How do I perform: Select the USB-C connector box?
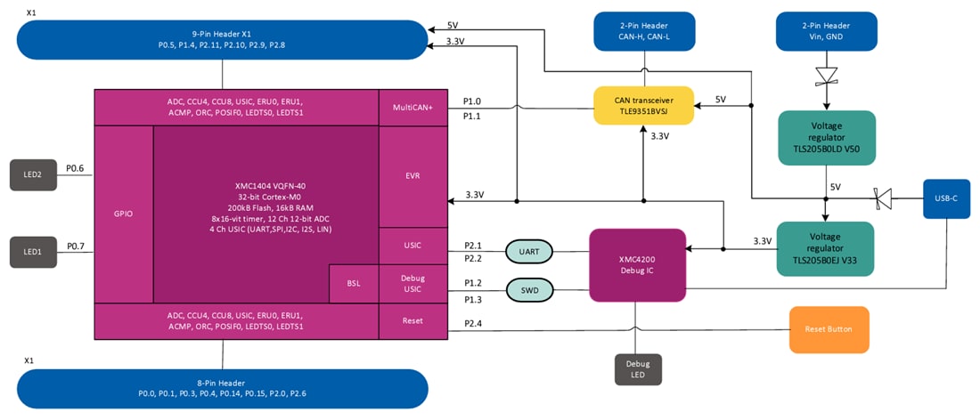(946, 199)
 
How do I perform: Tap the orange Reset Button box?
(828, 329)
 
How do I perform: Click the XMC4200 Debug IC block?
(637, 264)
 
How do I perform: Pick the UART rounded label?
(529, 252)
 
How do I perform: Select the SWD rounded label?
(529, 289)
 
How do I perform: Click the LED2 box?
(33, 174)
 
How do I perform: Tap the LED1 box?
(33, 252)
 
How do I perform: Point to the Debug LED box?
(638, 369)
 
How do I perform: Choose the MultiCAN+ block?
(412, 108)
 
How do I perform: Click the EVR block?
(412, 176)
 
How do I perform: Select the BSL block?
(354, 284)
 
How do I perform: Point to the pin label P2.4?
(473, 323)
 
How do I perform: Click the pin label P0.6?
(75, 168)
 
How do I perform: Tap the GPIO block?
(123, 214)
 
